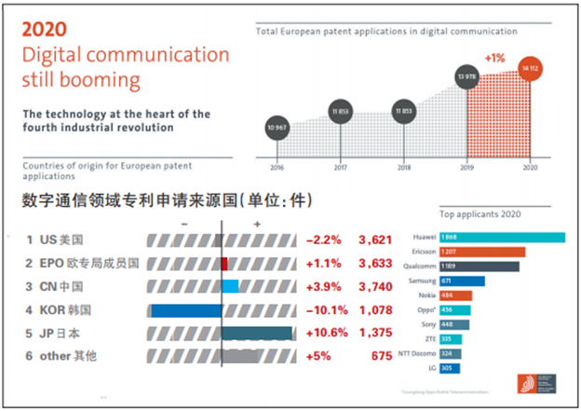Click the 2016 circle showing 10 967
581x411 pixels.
click(x=276, y=127)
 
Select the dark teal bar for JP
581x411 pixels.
click(x=256, y=333)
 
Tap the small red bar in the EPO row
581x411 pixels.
click(x=224, y=264)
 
